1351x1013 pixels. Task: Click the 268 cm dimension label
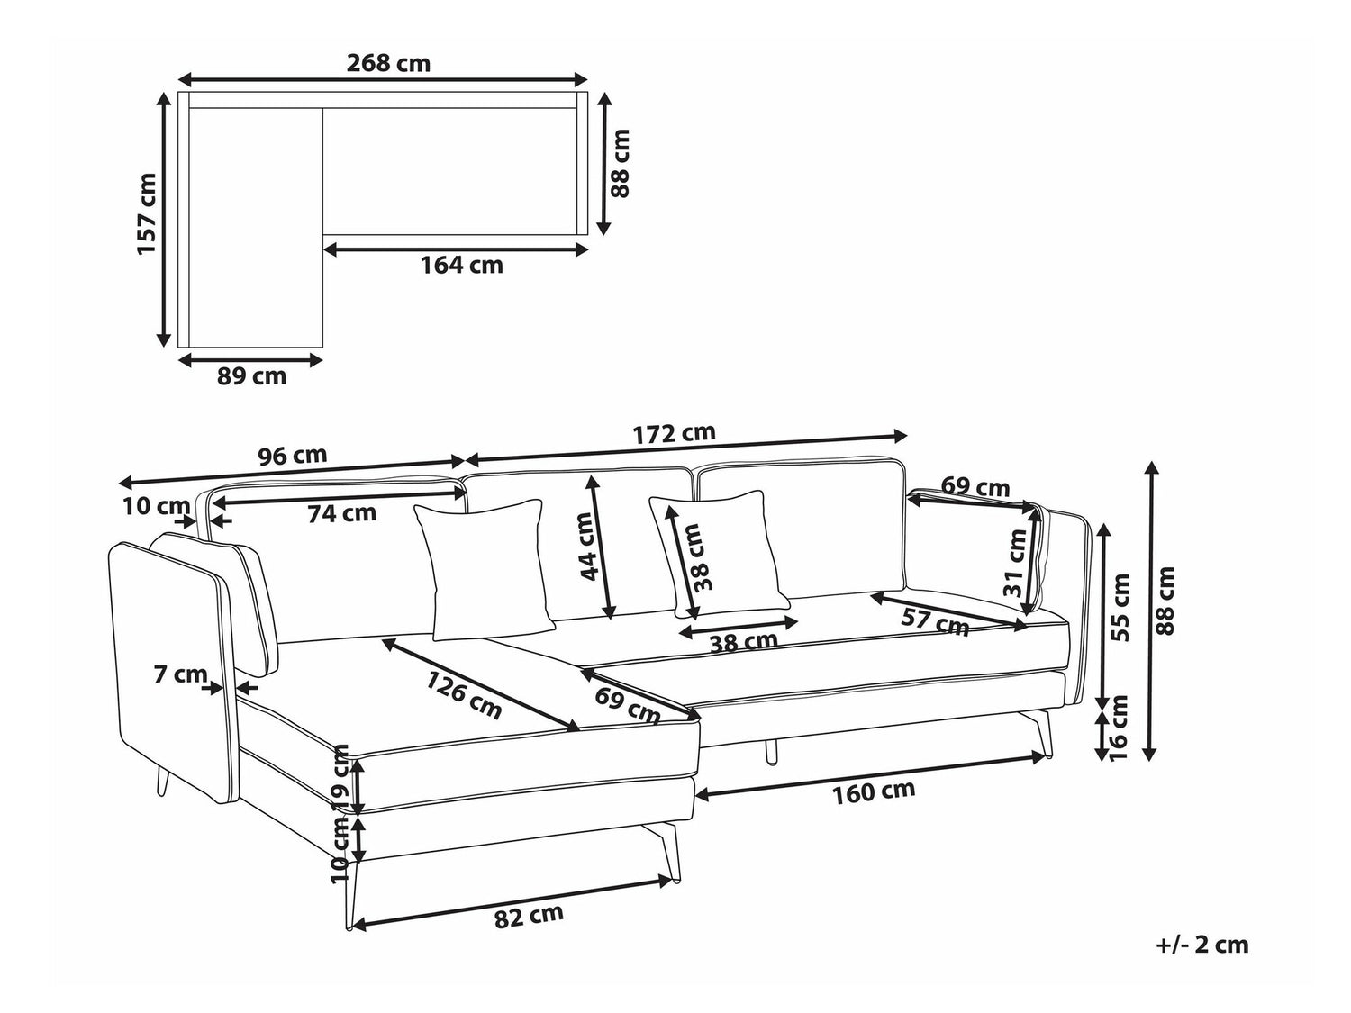coord(388,64)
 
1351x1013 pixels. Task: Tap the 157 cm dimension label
coord(147,214)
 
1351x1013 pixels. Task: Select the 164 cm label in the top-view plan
coord(461,266)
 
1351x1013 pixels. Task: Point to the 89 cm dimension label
coord(251,376)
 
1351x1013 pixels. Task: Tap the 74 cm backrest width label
coord(341,514)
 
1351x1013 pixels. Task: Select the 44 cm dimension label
coord(586,546)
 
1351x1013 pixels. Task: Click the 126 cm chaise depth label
coord(463,694)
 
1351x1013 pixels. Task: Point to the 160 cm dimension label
coord(874,791)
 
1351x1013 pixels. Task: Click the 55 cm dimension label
coord(1120,608)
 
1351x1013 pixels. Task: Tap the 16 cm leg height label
coord(1119,728)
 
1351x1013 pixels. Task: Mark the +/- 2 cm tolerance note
coord(1201,945)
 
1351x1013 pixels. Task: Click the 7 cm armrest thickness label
coord(180,674)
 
